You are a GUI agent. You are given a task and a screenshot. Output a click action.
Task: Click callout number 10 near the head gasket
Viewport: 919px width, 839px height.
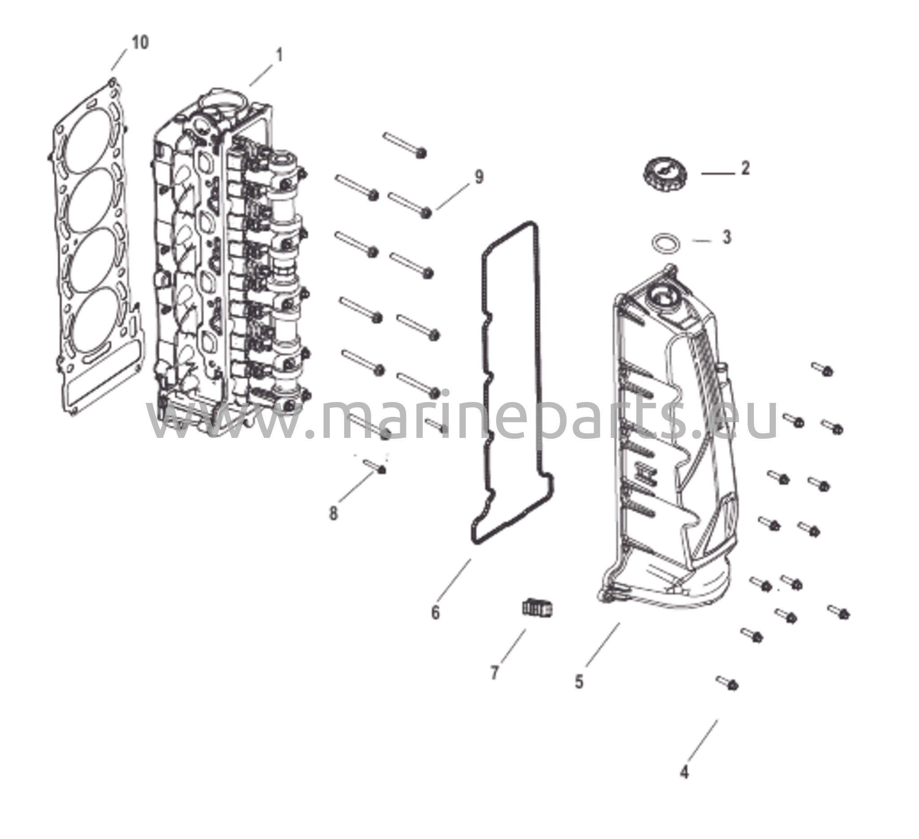[140, 43]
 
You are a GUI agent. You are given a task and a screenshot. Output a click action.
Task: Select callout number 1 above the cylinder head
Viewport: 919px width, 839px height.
[280, 55]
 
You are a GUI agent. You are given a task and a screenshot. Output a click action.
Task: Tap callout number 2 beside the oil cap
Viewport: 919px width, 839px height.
[745, 168]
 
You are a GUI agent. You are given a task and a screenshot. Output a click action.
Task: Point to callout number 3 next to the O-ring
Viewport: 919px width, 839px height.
[726, 237]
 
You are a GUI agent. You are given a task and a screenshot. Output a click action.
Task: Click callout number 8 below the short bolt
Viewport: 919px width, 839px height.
[334, 514]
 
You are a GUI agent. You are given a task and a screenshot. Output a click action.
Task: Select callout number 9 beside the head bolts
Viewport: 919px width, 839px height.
[479, 177]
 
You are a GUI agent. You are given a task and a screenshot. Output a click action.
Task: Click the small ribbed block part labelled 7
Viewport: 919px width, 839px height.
[538, 607]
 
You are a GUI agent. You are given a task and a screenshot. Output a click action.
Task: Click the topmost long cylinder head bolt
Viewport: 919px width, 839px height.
[404, 145]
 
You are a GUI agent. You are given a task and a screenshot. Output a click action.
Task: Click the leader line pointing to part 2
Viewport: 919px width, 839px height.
[718, 174]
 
